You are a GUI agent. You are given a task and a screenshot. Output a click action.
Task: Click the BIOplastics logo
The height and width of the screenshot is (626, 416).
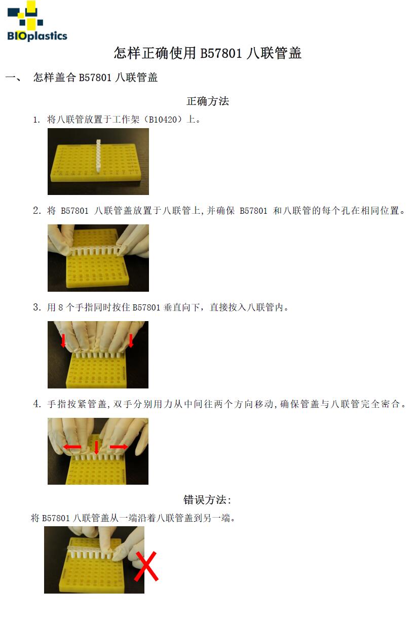[37, 21]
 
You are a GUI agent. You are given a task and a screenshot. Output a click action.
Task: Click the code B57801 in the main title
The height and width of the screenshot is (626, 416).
[221, 53]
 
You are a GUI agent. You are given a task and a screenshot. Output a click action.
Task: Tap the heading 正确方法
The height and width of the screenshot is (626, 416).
[208, 101]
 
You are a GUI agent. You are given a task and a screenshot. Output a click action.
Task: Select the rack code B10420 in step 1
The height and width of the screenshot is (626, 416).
[163, 120]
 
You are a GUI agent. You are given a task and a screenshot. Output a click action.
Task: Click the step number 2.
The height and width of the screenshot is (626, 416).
[36, 210]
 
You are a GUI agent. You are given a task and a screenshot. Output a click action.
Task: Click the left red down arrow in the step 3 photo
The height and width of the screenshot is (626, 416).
[63, 341]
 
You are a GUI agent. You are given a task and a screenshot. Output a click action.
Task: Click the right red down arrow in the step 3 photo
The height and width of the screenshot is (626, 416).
[131, 341]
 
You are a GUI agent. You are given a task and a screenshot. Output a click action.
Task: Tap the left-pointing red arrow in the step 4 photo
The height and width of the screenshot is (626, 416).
[72, 447]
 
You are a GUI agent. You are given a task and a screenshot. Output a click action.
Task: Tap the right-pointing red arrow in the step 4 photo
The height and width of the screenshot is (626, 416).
[119, 447]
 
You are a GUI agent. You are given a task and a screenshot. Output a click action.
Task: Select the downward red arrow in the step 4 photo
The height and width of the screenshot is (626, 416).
[96, 447]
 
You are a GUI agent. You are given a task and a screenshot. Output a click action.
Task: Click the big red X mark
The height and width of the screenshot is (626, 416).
[146, 566]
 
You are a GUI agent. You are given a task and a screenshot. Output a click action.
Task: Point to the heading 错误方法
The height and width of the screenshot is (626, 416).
[207, 500]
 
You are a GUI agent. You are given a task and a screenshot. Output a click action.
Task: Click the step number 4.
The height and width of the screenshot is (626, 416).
[36, 404]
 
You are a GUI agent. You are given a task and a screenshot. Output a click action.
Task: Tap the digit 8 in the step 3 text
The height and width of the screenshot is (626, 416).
[61, 307]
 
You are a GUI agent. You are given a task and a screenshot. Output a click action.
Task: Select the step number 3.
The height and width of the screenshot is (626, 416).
[36, 307]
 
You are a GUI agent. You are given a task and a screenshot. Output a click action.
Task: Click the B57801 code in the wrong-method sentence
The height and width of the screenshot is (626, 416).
[56, 518]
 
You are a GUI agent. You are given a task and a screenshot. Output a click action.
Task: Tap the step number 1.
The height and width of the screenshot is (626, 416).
[36, 120]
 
